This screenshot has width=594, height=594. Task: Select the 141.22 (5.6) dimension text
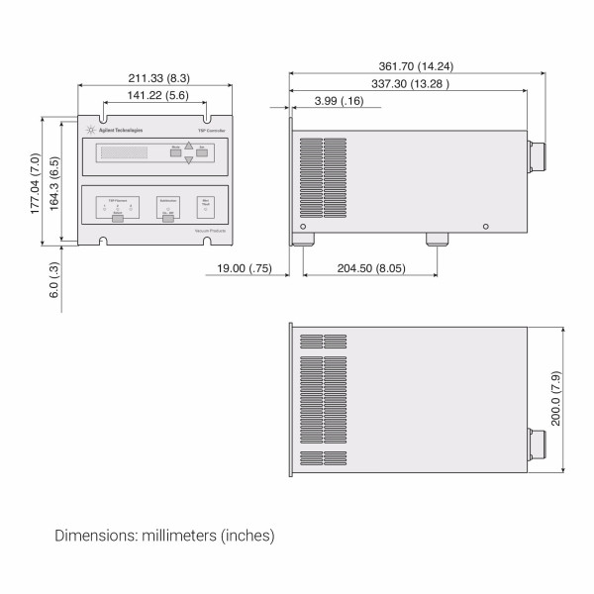click(x=152, y=95)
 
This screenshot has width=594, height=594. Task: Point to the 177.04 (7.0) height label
click(x=34, y=183)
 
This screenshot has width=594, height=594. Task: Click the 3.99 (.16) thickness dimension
click(x=338, y=101)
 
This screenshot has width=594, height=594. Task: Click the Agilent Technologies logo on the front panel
click(x=116, y=131)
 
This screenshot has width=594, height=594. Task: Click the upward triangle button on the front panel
click(x=188, y=144)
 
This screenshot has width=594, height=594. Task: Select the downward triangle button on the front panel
click(x=188, y=159)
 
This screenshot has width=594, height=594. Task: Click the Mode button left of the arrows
click(x=175, y=152)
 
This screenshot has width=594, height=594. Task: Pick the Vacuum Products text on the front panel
click(x=211, y=230)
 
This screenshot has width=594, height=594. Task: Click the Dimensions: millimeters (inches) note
click(x=164, y=536)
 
